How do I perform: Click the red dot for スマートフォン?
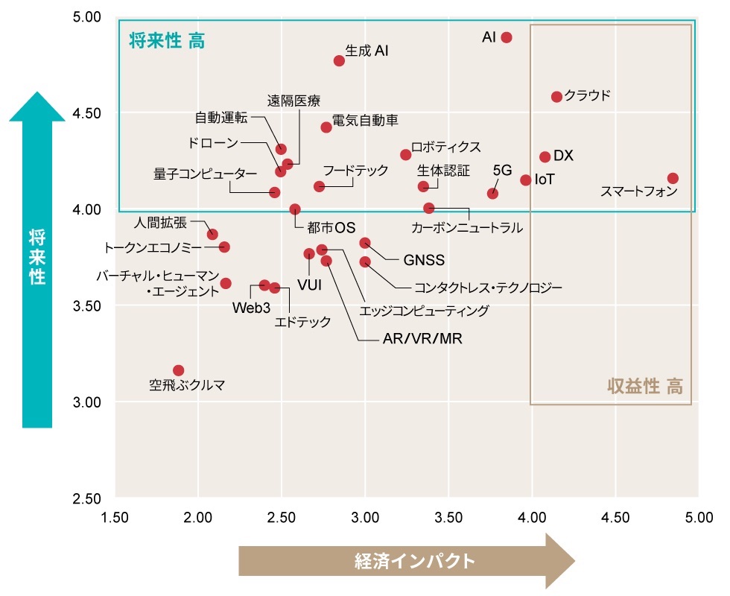pyautogui.click(x=673, y=178)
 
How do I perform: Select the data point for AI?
pyautogui.click(x=507, y=37)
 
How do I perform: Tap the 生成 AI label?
pyautogui.click(x=366, y=51)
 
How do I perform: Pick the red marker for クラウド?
pyautogui.click(x=556, y=97)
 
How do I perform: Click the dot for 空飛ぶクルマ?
pyautogui.click(x=178, y=370)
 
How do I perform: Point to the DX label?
pyautogui.click(x=564, y=156)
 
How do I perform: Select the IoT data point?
pyautogui.click(x=526, y=180)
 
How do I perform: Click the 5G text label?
pyautogui.click(x=503, y=170)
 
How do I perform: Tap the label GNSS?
pyautogui.click(x=424, y=261)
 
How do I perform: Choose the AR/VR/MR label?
pyautogui.click(x=422, y=339)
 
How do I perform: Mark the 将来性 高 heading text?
pyautogui.click(x=167, y=41)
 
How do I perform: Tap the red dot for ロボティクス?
pyautogui.click(x=406, y=155)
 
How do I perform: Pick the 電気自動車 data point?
pyautogui.click(x=326, y=127)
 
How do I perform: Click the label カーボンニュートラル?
pyautogui.click(x=467, y=228)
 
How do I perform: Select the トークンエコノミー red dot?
pyautogui.click(x=224, y=247)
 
